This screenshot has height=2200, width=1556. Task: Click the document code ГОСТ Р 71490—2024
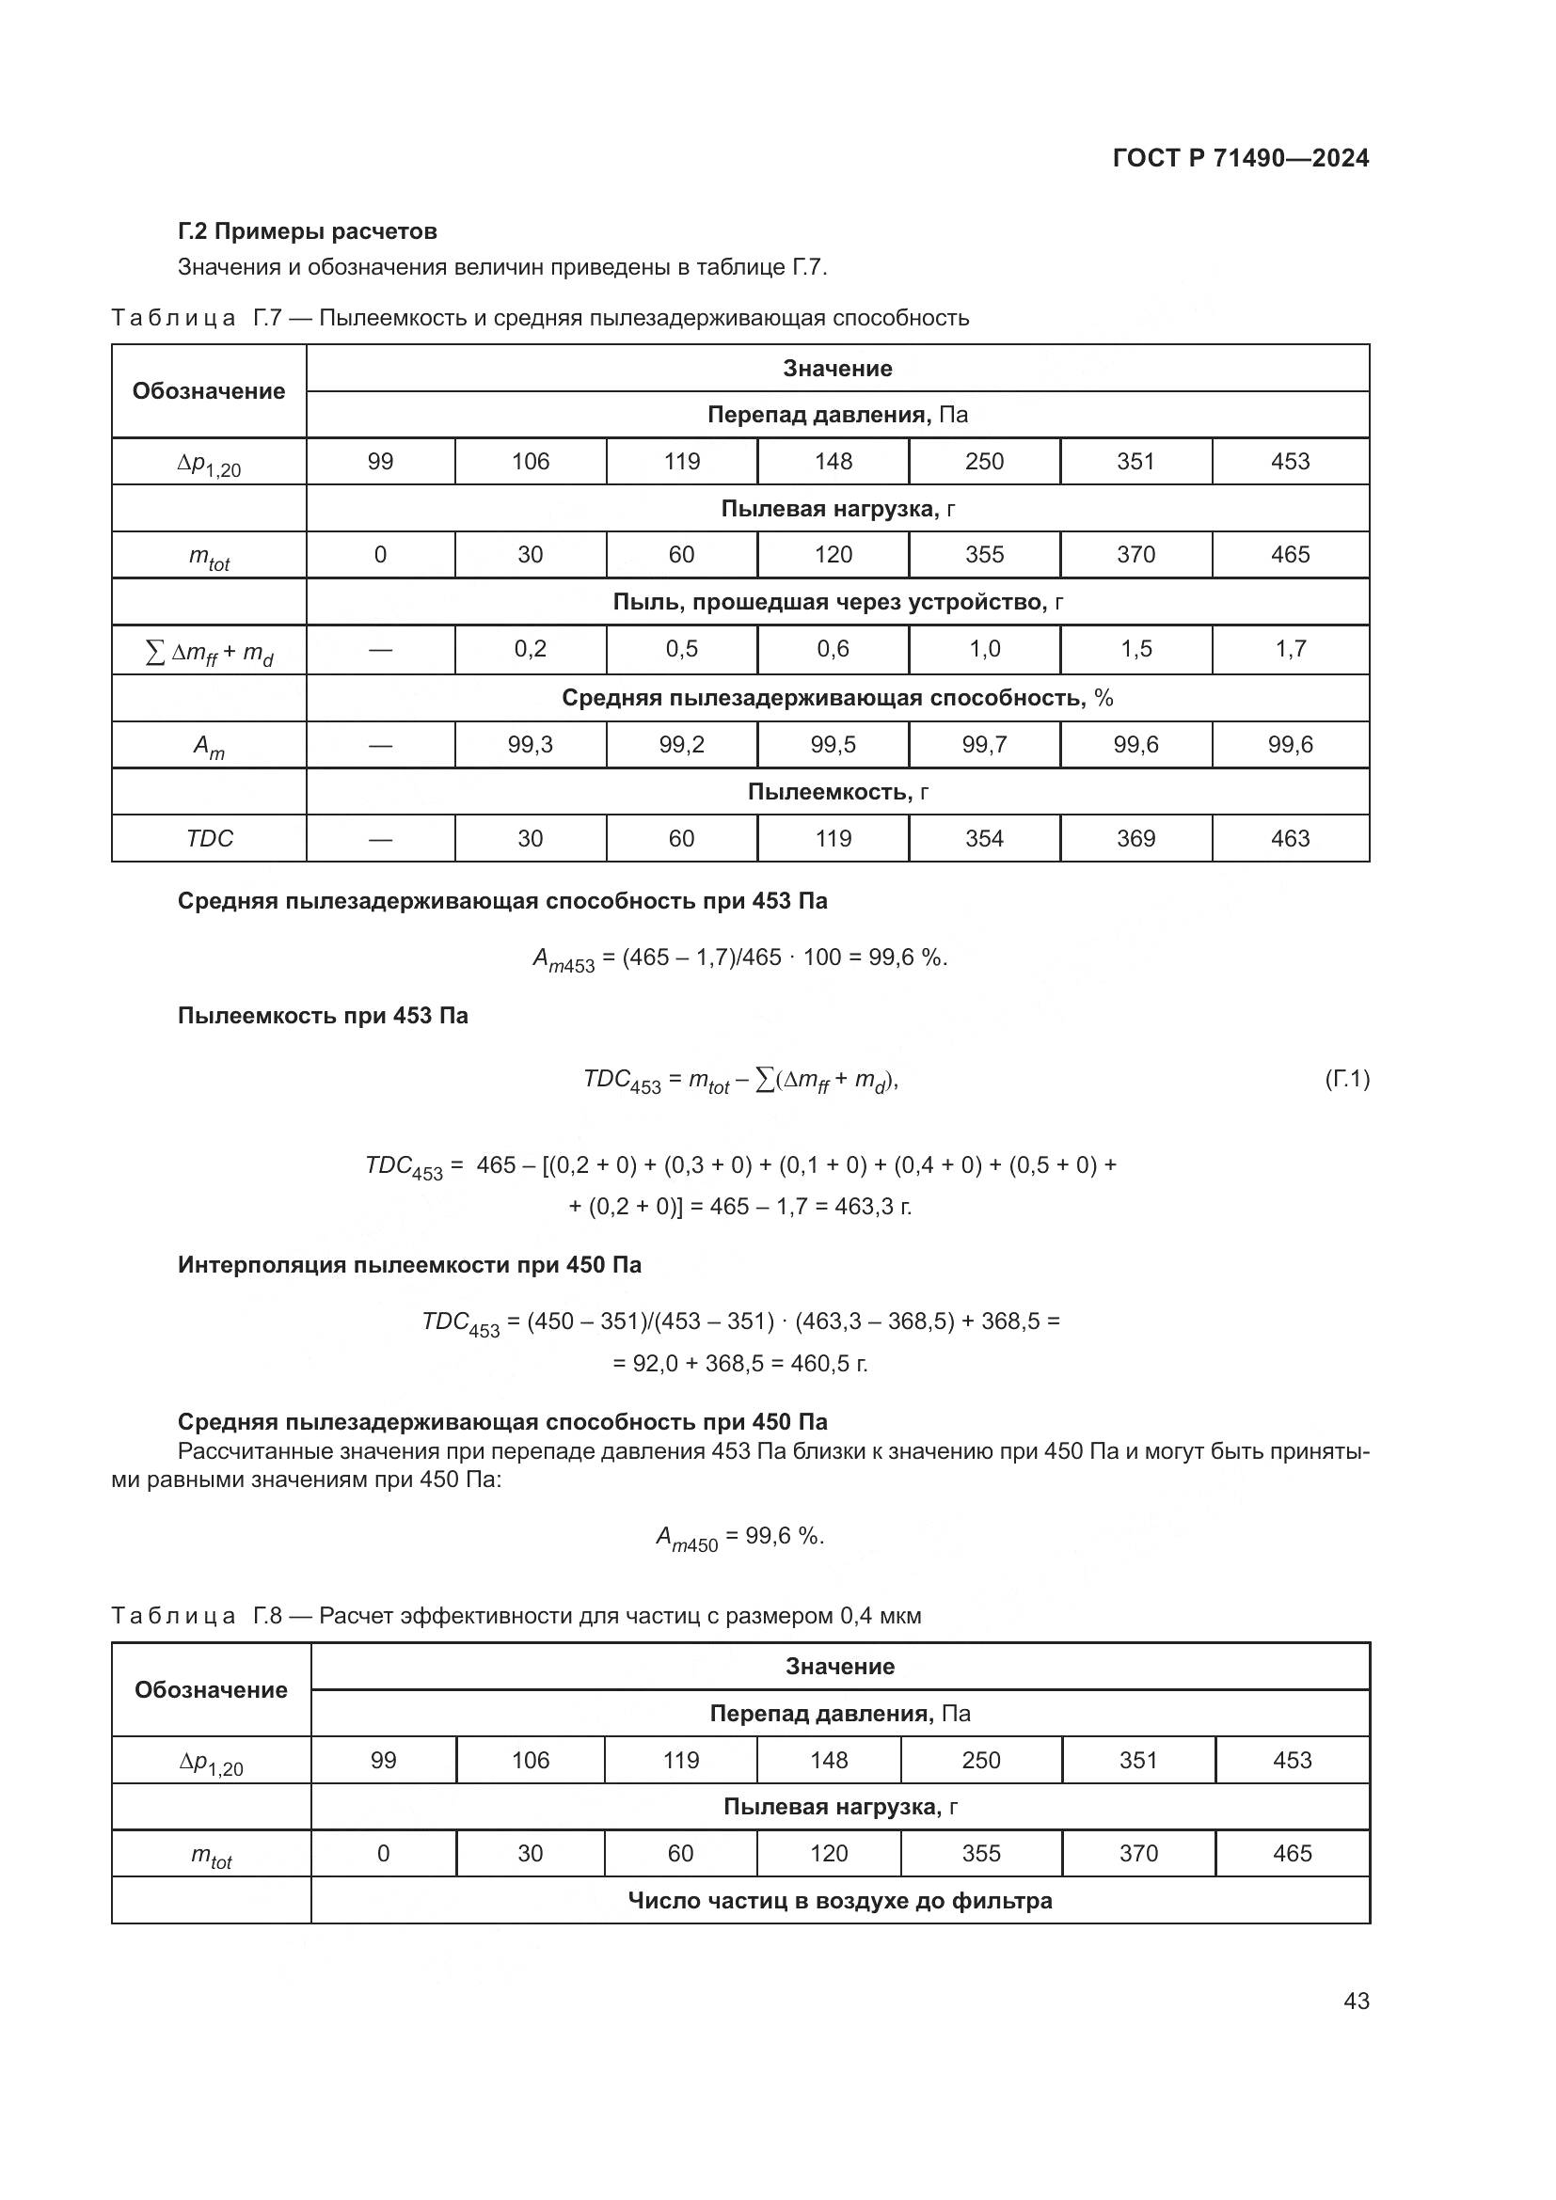[1240, 158]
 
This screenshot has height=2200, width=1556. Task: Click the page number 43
[1356, 2001]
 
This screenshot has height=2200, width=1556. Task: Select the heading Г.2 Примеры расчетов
[307, 231]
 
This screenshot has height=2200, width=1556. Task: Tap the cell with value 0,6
[833, 649]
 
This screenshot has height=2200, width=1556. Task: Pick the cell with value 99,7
[984, 745]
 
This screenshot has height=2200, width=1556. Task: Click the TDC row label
[209, 838]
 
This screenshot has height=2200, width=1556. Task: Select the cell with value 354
[984, 838]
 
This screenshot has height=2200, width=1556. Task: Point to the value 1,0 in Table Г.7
[984, 649]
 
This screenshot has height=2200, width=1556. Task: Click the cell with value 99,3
[530, 745]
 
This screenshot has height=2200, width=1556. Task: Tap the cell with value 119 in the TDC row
[833, 838]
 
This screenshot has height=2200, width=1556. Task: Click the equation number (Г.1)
[1346, 1080]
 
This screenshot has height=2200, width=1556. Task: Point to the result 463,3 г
[872, 1206]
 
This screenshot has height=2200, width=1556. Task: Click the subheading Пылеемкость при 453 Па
[323, 1016]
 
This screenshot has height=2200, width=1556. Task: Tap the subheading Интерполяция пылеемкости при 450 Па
[409, 1265]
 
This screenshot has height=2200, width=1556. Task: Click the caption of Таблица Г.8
[516, 1616]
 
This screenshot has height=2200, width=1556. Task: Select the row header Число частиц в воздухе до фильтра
[839, 1900]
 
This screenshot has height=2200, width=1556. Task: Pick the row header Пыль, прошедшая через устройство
[837, 602]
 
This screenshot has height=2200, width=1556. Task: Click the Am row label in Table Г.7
[209, 746]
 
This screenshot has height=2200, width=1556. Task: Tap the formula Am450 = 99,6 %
[738, 1538]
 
